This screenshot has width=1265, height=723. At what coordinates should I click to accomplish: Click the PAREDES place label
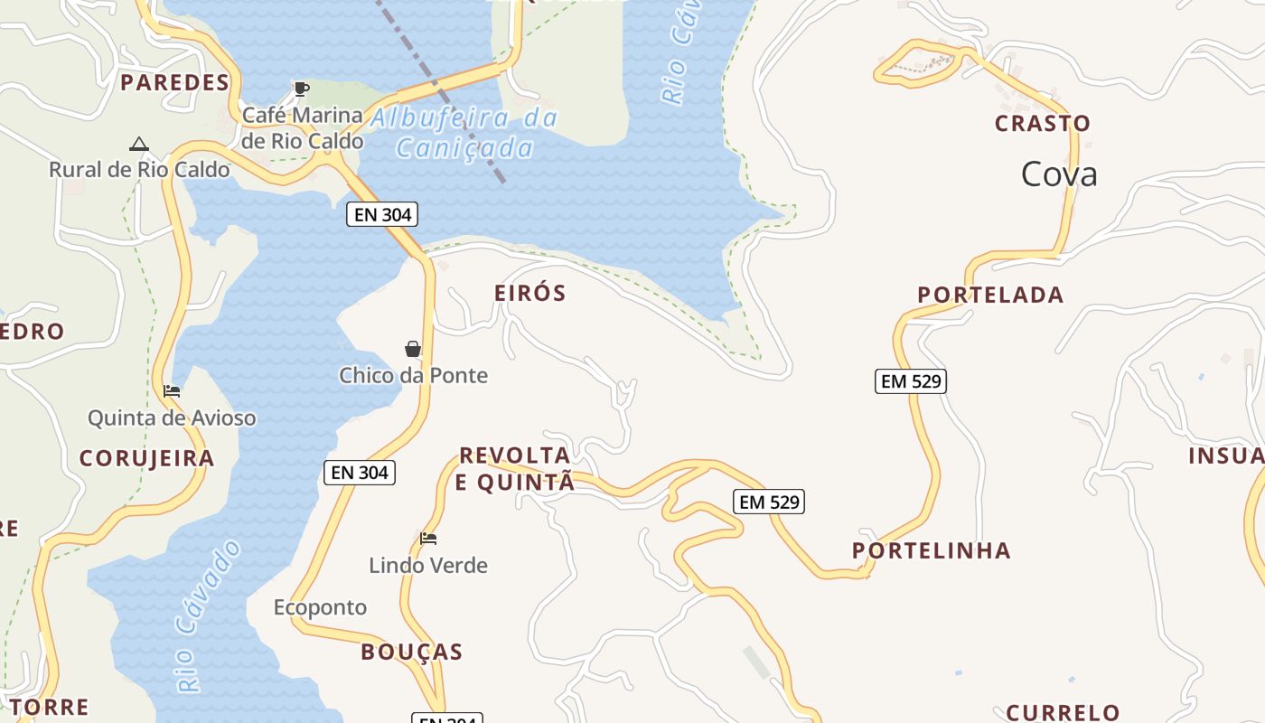tap(174, 83)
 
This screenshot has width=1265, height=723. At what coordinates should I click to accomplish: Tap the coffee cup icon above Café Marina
tap(301, 89)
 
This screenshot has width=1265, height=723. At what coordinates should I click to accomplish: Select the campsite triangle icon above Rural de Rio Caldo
tap(138, 144)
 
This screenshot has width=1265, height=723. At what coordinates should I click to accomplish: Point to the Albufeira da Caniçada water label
tap(464, 133)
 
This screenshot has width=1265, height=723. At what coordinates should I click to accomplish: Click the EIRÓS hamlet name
tap(530, 293)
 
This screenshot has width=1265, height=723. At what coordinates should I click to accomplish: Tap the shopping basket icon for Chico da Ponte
tap(413, 349)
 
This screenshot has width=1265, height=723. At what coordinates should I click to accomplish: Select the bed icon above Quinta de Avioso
tap(172, 391)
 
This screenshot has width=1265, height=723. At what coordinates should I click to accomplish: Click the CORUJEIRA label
tap(146, 458)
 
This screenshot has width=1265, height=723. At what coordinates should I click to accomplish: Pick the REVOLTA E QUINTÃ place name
tap(514, 469)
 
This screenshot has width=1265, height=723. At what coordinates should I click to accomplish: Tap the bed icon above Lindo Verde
tap(428, 539)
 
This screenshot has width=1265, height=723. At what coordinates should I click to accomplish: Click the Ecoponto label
tap(320, 607)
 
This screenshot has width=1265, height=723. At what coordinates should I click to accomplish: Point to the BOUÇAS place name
tap(411, 652)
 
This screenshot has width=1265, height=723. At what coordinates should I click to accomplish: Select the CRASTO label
tap(1042, 123)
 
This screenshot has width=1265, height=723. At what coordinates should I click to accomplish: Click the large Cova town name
tap(1059, 174)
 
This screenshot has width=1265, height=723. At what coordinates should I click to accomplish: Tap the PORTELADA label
tap(990, 295)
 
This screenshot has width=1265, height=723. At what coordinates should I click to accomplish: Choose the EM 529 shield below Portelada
tap(911, 381)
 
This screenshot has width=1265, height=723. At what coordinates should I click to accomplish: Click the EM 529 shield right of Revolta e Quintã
tap(769, 502)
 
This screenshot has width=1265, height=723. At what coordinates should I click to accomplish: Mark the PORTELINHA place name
tap(931, 550)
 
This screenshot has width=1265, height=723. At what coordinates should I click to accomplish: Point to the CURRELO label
tap(1063, 713)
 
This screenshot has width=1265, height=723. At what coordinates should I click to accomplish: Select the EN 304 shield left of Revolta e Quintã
tap(360, 472)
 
